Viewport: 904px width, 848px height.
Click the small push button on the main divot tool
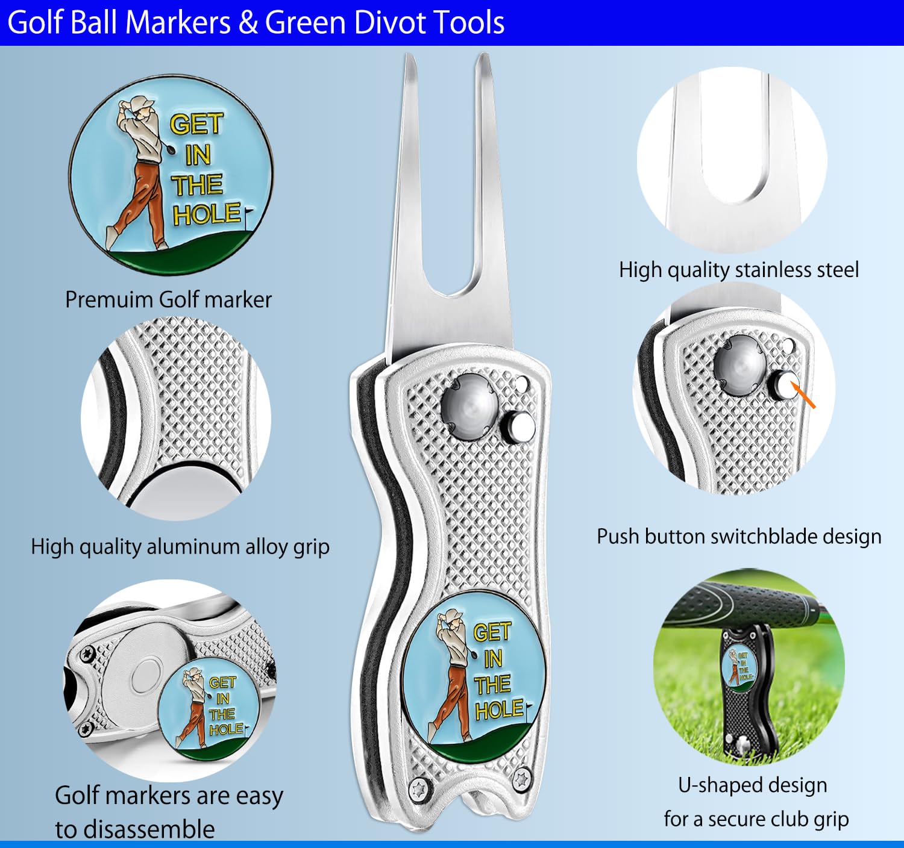tap(518, 426)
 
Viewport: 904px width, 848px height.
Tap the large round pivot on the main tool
tap(470, 407)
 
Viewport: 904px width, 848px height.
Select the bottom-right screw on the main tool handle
tap(521, 780)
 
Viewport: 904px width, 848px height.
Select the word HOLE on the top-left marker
tap(207, 214)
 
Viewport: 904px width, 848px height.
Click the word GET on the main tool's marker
tap(492, 632)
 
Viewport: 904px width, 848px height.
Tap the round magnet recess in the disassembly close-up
tap(146, 676)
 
